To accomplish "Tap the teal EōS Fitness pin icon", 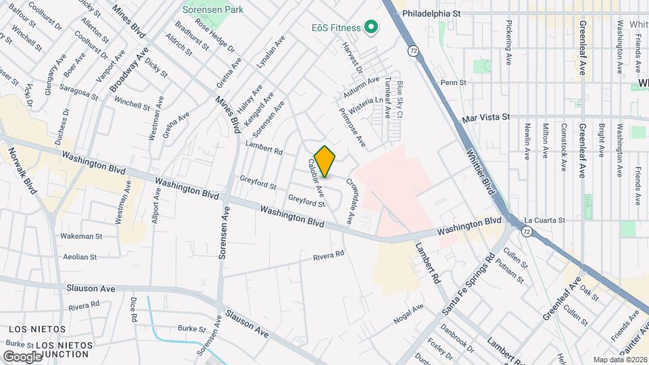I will pyautogui.click(x=370, y=28).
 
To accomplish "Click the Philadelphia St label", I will pyautogui.click(x=431, y=13).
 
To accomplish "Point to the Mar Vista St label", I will pyautogui.click(x=485, y=117).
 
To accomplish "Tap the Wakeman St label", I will pyautogui.click(x=81, y=237).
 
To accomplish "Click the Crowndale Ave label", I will pyautogui.click(x=350, y=201).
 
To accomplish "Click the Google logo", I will pyautogui.click(x=22, y=356).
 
